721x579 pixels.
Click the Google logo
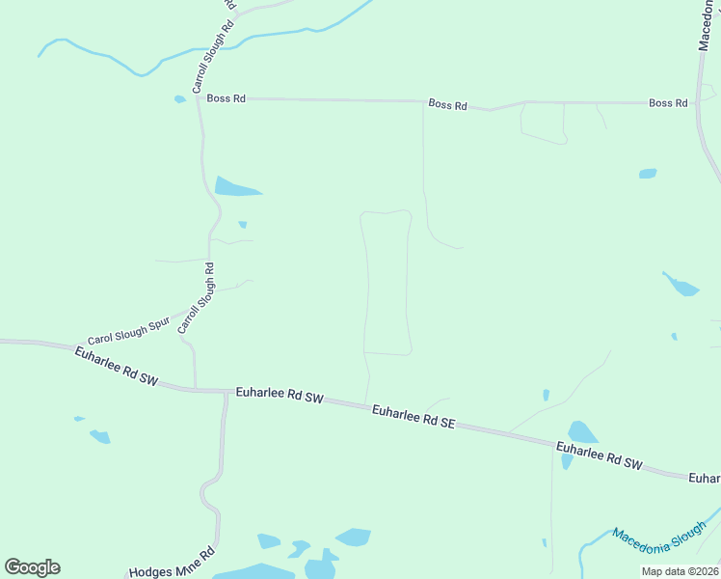32,567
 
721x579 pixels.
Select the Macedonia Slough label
659,547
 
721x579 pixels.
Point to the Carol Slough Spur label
128,332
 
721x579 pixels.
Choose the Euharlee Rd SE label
413,416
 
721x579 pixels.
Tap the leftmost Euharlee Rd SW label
115,367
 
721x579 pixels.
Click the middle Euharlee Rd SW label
280,396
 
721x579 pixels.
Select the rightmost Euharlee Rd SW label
599,455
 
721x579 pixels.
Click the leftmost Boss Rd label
225,98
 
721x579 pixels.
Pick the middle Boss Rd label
447,104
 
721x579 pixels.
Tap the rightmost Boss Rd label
668,102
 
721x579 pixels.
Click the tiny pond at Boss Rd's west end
179,99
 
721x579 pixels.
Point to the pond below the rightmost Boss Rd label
648,174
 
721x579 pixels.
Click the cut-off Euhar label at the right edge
705,478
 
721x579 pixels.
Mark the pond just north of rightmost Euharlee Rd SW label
583,432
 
